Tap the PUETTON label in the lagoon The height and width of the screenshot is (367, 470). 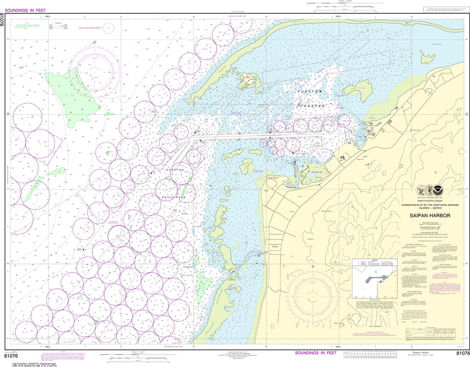[311, 92]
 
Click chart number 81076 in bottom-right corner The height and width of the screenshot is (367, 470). [460, 353]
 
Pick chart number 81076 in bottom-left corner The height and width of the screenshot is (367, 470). [11, 355]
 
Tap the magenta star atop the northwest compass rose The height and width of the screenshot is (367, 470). [95, 42]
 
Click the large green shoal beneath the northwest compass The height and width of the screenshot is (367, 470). [73, 96]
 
